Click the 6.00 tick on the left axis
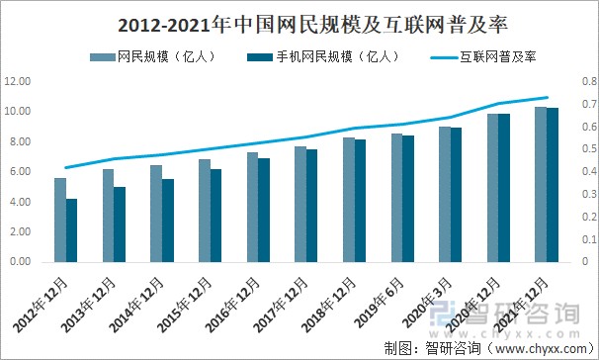pos(19,172)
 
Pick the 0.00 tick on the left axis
pos(19,263)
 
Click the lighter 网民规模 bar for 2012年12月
pos(60,221)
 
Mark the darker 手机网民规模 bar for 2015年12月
pos(215,216)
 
